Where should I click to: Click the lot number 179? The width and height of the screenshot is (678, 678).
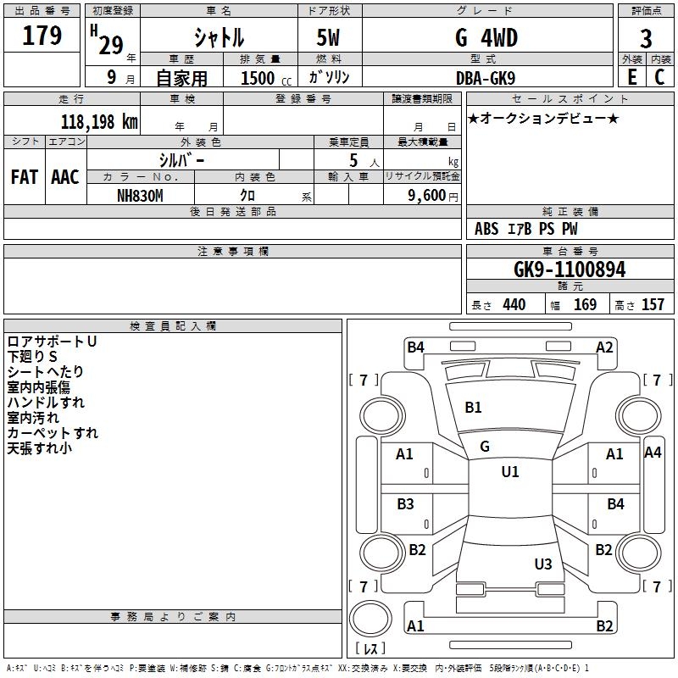tap(43, 36)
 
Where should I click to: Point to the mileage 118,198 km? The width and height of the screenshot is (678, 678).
tap(99, 122)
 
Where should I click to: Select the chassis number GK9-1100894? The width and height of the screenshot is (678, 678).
tap(570, 270)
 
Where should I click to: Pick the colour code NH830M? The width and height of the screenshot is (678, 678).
tap(140, 194)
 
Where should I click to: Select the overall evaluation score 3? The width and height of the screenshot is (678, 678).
tap(646, 38)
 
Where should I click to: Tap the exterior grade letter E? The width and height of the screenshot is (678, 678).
tap(631, 77)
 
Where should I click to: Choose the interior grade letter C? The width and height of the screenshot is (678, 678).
tap(659, 77)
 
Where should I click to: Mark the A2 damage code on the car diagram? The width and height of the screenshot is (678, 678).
tap(604, 347)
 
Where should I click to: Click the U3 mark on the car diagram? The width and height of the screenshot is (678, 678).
tap(543, 564)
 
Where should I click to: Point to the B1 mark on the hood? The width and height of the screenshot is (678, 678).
tap(473, 408)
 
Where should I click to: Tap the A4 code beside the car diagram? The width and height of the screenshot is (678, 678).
tap(653, 453)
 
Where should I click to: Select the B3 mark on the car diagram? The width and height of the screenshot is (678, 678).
tap(406, 504)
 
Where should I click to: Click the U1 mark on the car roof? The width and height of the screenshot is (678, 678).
tap(510, 472)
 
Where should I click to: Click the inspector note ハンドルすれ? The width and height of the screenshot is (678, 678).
tap(46, 403)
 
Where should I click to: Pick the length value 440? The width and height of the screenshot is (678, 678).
tap(514, 305)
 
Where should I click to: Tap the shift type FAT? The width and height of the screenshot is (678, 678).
tap(25, 177)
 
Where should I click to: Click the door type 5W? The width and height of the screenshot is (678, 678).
tap(330, 38)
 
